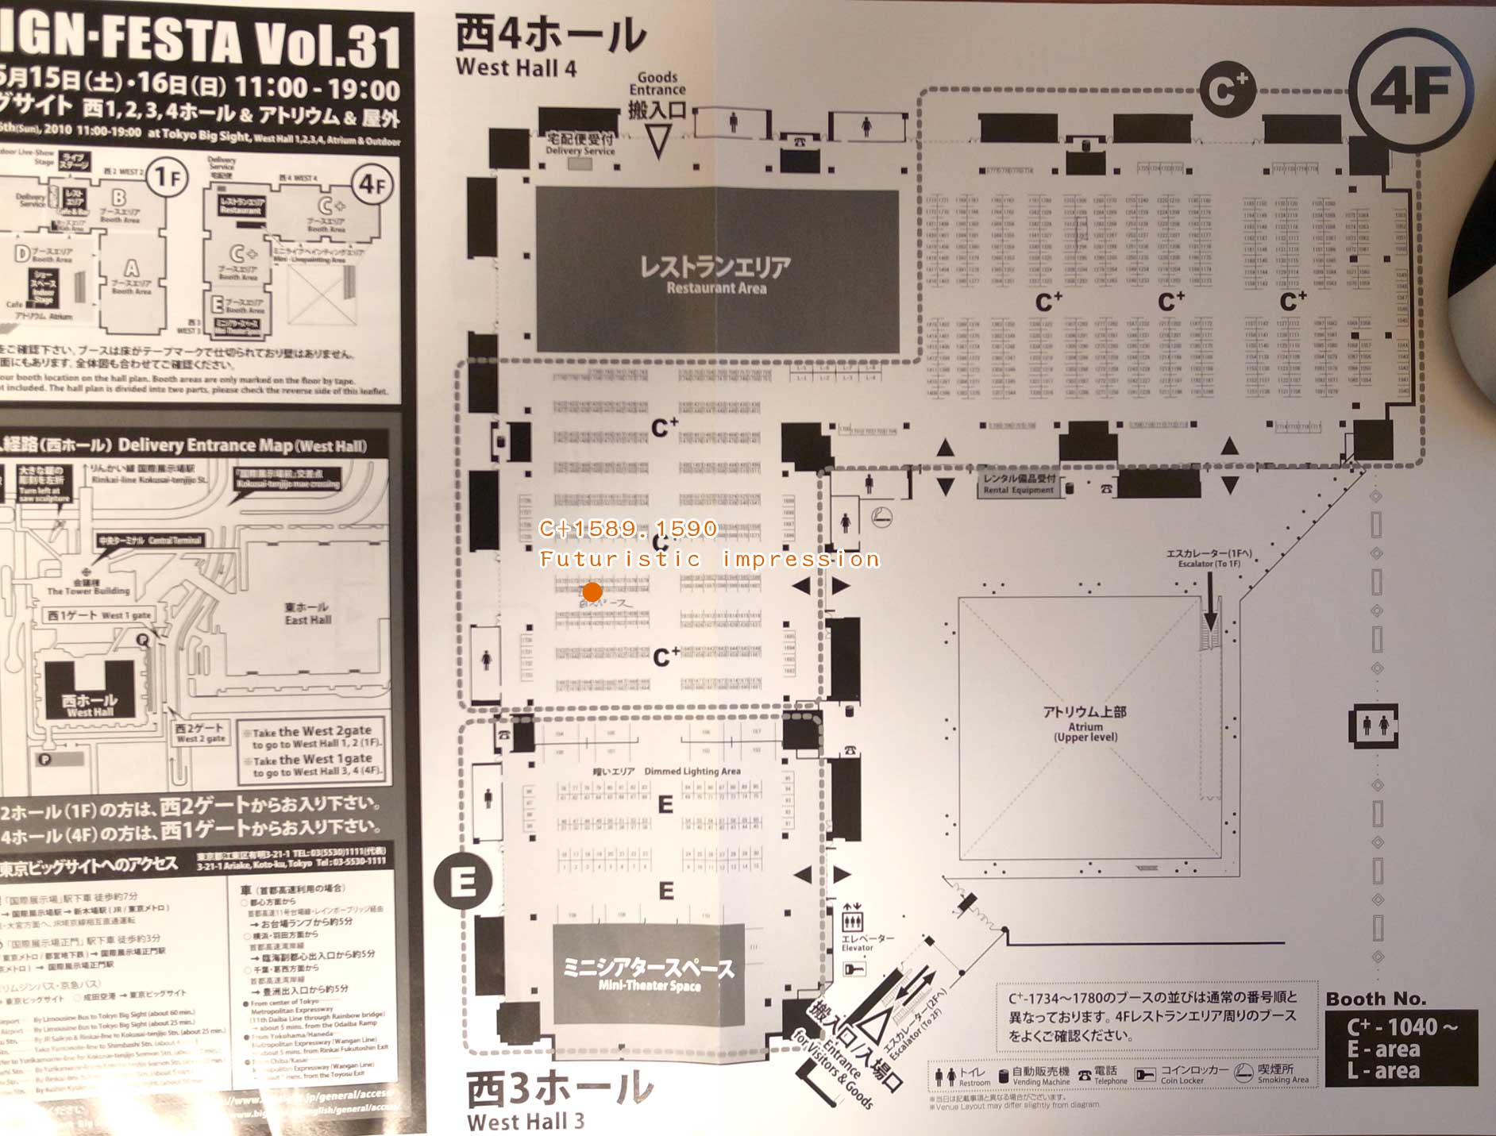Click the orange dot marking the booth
[592, 591]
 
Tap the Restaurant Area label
[716, 274]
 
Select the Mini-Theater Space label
[649, 975]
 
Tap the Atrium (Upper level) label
[1085, 724]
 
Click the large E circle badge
[463, 881]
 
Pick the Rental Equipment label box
[1020, 484]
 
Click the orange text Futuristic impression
[709, 559]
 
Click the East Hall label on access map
[307, 613]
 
